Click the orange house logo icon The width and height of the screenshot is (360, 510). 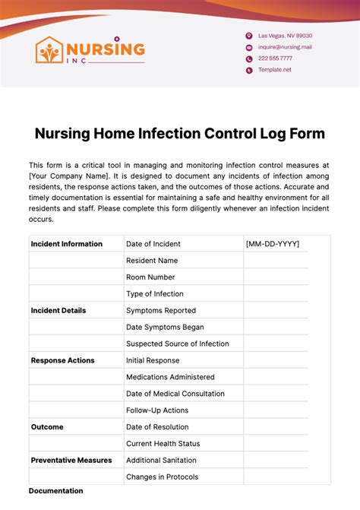50,50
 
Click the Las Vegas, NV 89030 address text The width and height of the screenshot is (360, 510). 285,36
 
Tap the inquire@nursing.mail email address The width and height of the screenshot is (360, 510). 285,47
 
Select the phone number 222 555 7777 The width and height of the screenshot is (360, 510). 275,59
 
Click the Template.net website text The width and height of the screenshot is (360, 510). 274,70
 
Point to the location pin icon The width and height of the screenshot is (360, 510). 248,36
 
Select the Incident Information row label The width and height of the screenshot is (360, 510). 66,244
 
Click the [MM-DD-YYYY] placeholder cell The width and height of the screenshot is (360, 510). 273,244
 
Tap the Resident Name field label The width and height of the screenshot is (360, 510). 152,261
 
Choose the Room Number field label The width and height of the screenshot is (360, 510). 150,277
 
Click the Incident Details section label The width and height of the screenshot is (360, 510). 58,310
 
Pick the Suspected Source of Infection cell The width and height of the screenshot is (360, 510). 178,344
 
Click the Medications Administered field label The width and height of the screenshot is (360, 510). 170,377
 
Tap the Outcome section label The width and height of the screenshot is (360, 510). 47,427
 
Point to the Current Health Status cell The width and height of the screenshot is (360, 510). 163,443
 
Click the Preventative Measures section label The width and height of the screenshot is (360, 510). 71,460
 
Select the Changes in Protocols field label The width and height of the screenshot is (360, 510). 163,477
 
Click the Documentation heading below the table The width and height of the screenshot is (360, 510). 55,491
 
